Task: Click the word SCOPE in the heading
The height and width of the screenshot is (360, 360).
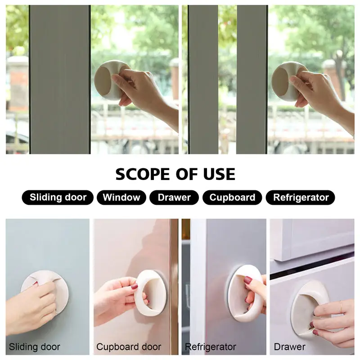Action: tap(143, 174)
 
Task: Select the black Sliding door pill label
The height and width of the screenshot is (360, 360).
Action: tap(58, 198)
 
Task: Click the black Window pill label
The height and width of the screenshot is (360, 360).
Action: tap(121, 198)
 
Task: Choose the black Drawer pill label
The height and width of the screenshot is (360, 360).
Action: tap(174, 198)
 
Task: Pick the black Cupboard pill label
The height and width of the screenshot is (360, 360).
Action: tap(232, 198)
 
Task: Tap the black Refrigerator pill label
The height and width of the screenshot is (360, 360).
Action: tap(300, 198)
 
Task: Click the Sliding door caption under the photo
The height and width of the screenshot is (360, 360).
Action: tap(35, 346)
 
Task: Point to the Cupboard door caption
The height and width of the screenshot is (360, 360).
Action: tap(129, 346)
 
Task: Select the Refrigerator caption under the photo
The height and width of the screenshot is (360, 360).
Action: tap(210, 347)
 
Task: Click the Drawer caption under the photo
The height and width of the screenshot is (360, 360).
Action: tap(289, 346)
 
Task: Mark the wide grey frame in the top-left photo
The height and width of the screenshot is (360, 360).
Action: tap(60, 80)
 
